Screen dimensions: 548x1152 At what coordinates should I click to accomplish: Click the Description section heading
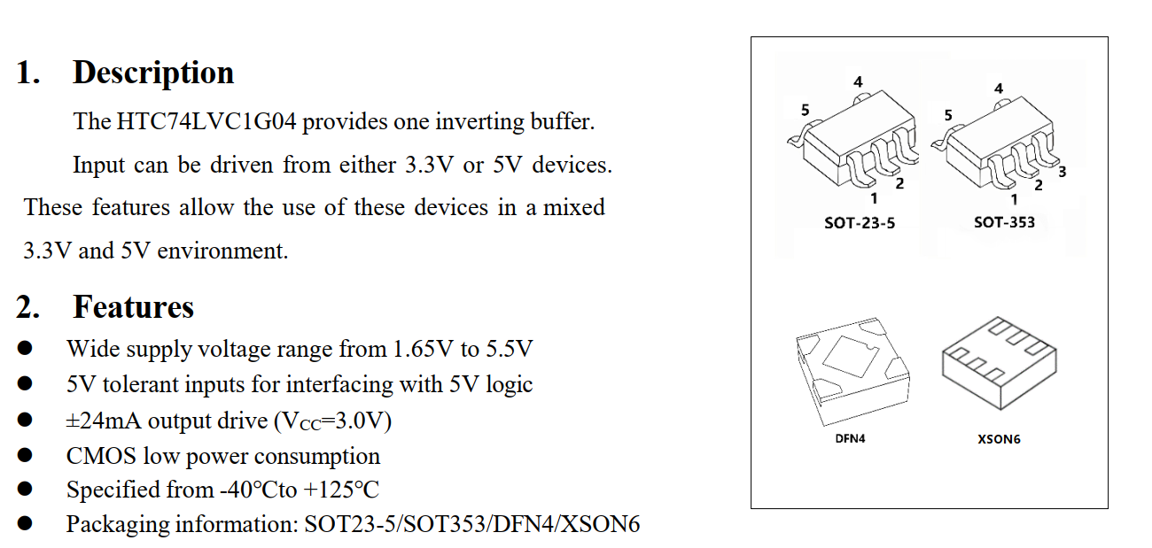pos(152,73)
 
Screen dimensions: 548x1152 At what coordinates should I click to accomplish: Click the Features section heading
pos(133,307)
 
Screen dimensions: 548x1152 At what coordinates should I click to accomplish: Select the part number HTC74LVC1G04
pos(207,121)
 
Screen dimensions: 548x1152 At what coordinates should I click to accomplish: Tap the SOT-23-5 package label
pos(859,223)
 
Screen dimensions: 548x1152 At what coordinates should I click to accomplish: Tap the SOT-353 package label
pos(1004,222)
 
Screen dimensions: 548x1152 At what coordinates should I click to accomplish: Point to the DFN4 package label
pos(850,438)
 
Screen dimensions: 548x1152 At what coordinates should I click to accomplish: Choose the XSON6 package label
pos(999,439)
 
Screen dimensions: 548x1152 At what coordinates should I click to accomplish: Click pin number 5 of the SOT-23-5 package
pos(805,110)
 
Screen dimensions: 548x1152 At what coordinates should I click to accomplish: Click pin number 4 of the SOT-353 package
pos(999,89)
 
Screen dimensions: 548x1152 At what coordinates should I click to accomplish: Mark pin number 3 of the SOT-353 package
pos(1062,171)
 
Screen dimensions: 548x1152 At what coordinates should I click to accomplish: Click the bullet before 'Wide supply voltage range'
pos(25,349)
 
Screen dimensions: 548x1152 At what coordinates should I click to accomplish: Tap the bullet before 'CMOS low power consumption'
pos(25,456)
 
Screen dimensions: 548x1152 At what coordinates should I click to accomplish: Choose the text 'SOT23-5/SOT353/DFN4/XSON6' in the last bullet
pos(471,524)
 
